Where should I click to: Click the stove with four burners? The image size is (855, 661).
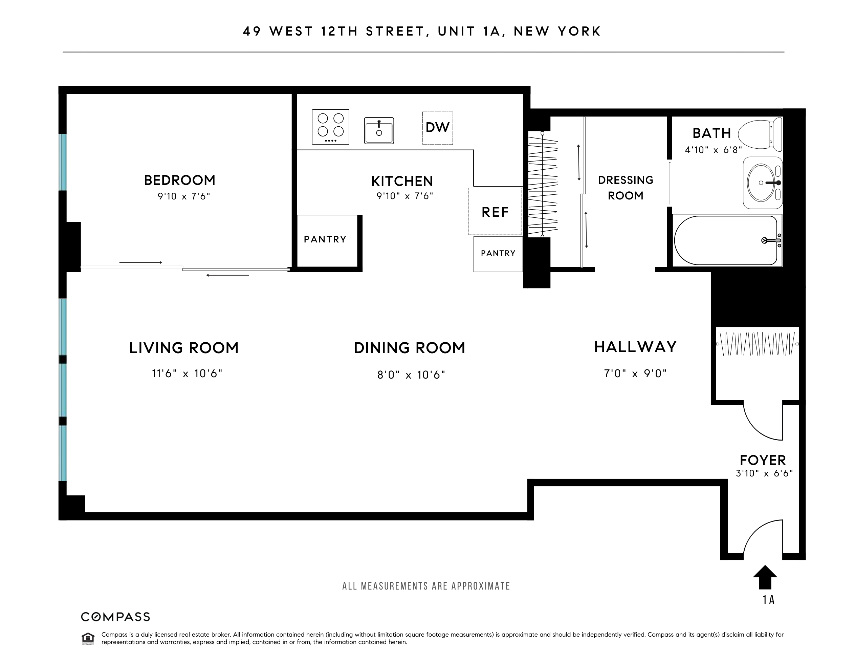(x=330, y=127)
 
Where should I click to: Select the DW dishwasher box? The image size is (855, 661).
(x=437, y=128)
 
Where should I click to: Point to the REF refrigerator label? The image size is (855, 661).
(x=495, y=212)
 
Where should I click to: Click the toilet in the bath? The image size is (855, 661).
(x=760, y=135)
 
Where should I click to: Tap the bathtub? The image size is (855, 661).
(x=726, y=240)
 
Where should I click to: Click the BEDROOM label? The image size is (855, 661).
(x=180, y=180)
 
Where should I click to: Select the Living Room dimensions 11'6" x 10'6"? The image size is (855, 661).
(x=187, y=374)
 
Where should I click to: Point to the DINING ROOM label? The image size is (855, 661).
(x=410, y=348)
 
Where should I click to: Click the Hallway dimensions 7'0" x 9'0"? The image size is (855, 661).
(x=635, y=374)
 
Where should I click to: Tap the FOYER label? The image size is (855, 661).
(x=763, y=460)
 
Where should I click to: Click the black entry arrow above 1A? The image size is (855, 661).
(x=765, y=577)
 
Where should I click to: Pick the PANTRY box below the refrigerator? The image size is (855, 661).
(x=498, y=254)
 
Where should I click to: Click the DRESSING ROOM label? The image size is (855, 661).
(x=626, y=188)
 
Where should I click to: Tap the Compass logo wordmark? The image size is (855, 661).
(x=115, y=617)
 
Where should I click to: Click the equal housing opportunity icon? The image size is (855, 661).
(x=88, y=638)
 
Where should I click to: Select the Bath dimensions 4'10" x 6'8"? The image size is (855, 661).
(x=713, y=150)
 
